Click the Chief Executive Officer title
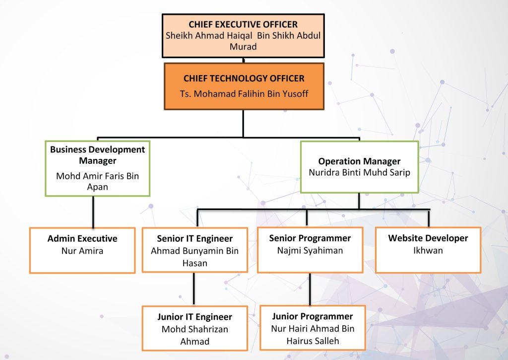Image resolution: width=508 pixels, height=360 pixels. (x=243, y=24)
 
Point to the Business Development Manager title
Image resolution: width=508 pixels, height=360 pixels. (x=98, y=155)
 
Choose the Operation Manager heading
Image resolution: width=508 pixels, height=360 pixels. (x=359, y=161)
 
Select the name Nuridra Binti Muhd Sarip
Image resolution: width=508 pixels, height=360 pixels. (x=359, y=173)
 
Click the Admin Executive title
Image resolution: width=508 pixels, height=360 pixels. (x=82, y=239)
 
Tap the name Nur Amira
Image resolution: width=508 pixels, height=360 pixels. (x=82, y=251)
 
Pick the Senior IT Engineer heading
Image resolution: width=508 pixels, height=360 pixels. (x=194, y=239)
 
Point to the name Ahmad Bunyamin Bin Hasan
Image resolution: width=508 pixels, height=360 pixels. (x=194, y=257)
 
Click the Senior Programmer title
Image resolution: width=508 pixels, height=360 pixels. (x=310, y=238)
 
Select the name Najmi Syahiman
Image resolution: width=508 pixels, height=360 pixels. (x=310, y=250)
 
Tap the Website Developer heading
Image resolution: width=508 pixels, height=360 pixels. (x=428, y=238)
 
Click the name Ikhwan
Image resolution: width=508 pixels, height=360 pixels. (x=428, y=250)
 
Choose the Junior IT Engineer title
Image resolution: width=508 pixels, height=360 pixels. (x=194, y=317)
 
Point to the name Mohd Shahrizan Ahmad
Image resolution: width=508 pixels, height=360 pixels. (x=194, y=335)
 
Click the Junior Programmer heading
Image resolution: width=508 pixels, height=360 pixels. (x=313, y=316)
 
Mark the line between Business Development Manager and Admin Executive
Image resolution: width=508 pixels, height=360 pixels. (x=93, y=212)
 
